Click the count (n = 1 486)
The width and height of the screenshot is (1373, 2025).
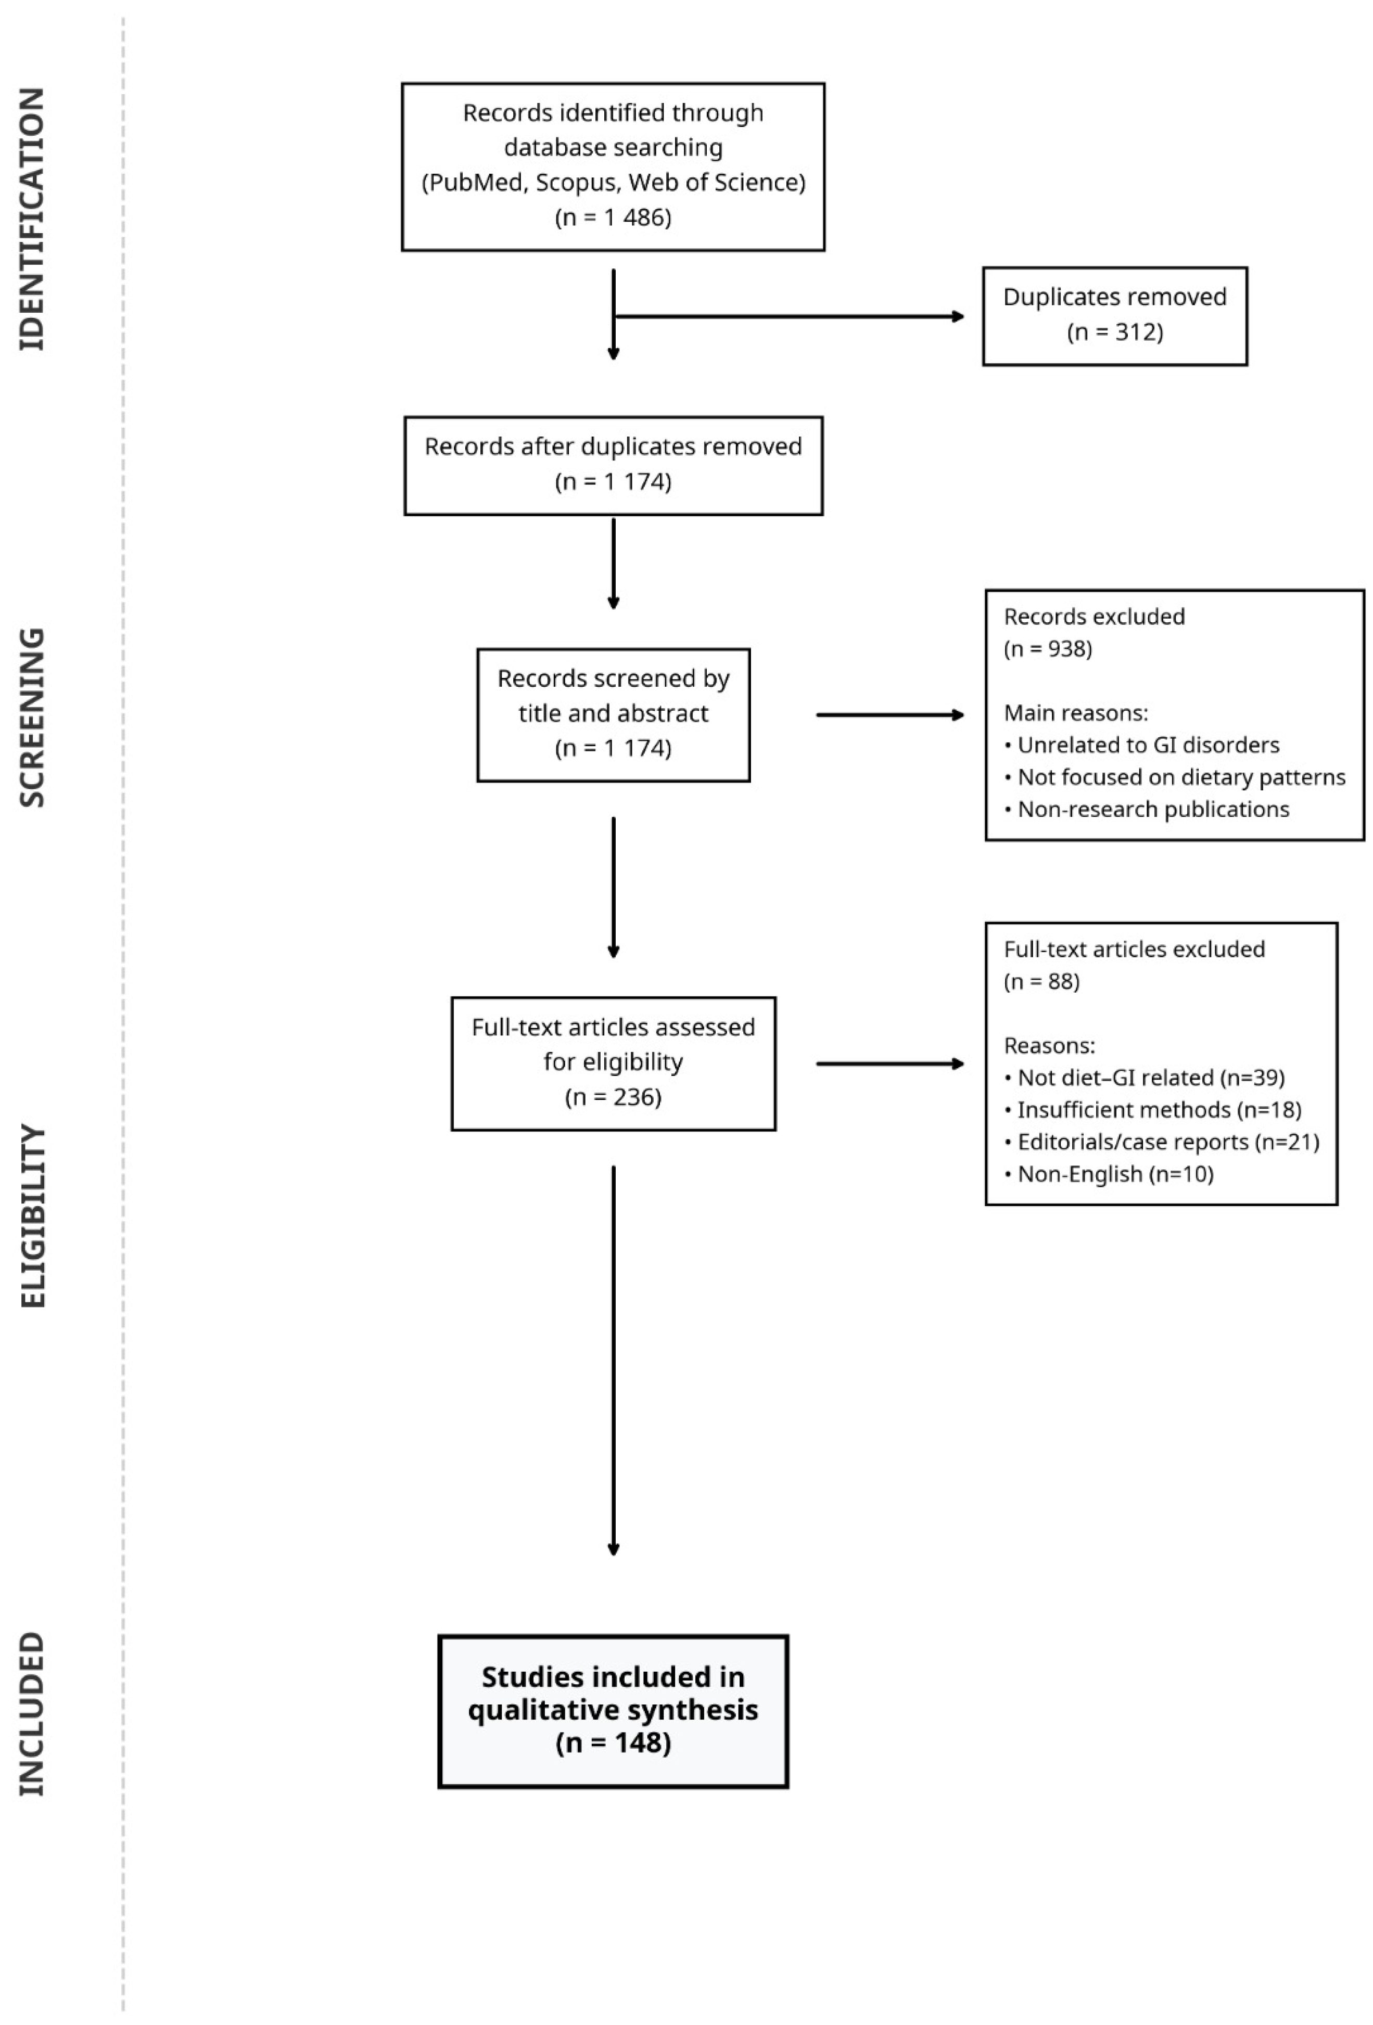pos(613,217)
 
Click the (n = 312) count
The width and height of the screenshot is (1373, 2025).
pos(1115,332)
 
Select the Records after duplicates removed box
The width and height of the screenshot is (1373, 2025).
pos(613,465)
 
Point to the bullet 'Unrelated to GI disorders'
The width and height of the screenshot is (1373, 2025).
pos(1142,745)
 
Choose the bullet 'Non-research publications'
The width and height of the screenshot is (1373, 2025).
pos(1147,810)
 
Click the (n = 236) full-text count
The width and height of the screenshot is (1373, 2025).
pos(613,1097)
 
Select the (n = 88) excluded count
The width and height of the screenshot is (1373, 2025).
pos(1042,982)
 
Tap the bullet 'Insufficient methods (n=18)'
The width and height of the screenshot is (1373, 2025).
pos(1152,1110)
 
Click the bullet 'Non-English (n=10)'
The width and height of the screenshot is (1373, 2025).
pos(1109,1174)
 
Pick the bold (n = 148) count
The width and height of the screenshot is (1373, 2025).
pos(613,1744)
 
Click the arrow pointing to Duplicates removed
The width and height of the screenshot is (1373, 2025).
pos(789,316)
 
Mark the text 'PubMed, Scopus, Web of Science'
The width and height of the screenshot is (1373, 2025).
pos(613,182)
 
